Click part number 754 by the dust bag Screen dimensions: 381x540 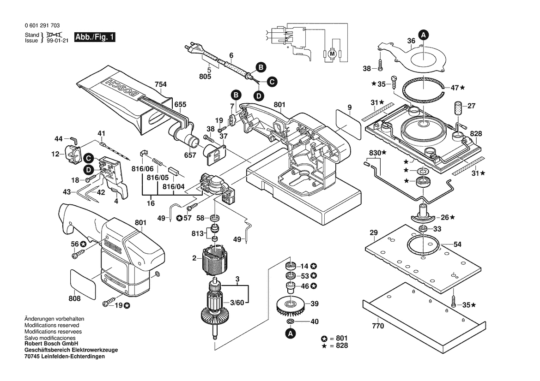pos(160,85)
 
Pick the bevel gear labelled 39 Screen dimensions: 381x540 pos(290,305)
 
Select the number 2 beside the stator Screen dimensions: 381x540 pos(194,258)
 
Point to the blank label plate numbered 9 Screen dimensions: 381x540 pos(349,121)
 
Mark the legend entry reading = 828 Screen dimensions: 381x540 pos(339,345)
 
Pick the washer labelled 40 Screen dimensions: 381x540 pos(291,321)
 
